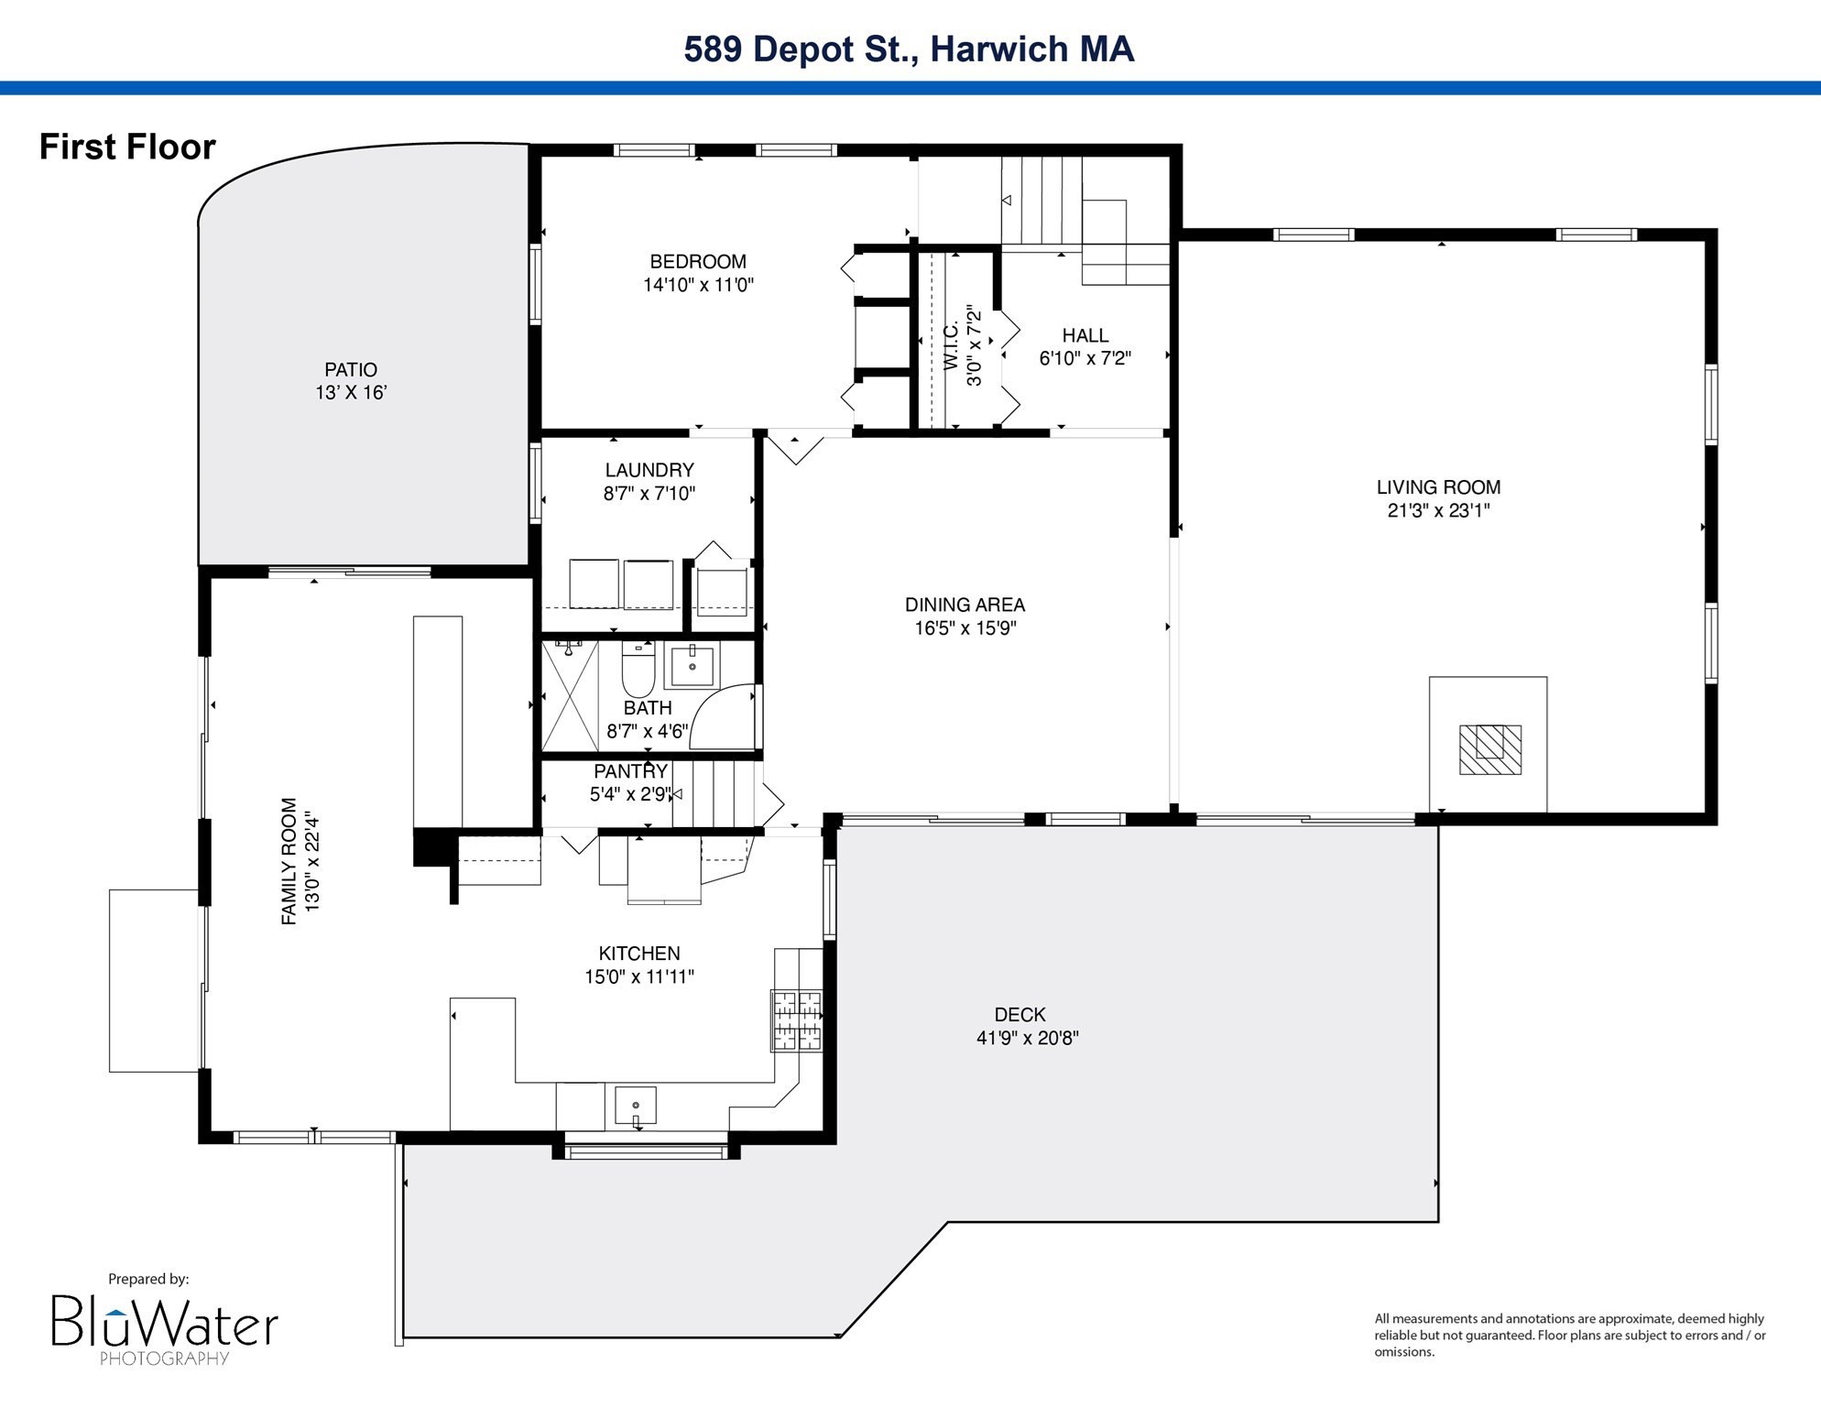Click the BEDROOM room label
click(698, 262)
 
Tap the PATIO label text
click(351, 370)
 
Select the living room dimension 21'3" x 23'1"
click(1438, 511)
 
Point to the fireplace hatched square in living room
click(1490, 749)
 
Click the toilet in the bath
click(638, 669)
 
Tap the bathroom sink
click(692, 666)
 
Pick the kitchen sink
click(636, 1105)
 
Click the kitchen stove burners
click(797, 1020)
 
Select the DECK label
click(1020, 1015)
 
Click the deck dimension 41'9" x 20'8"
click(1028, 1039)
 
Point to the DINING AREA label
click(965, 605)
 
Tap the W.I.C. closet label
click(951, 345)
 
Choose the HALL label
click(1085, 335)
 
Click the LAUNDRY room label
click(649, 470)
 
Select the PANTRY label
click(630, 771)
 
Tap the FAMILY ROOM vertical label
click(289, 861)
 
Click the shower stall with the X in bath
click(570, 696)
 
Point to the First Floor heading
click(127, 147)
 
